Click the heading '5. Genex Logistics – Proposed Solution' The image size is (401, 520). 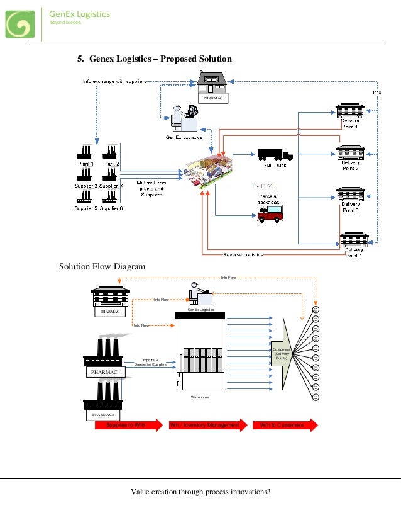[x=155, y=59]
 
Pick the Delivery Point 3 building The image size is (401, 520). [x=350, y=193]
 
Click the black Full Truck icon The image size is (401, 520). [x=275, y=155]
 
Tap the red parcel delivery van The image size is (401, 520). [x=270, y=214]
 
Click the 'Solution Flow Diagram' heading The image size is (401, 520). [x=102, y=267]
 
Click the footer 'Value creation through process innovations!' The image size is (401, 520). [x=200, y=491]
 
